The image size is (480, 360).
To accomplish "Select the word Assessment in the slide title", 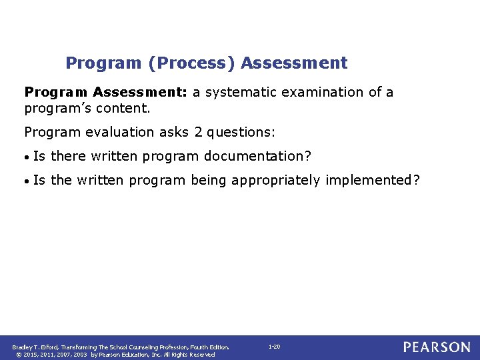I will click(294, 63).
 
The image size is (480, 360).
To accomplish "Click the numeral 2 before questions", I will click(199, 133).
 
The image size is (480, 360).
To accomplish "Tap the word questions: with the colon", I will click(241, 133).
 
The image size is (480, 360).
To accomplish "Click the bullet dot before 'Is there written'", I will click(27, 157).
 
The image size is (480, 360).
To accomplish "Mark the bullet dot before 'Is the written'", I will click(27, 181).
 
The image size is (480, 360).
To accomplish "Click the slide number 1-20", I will click(274, 347).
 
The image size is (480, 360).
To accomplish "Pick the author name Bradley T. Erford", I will click(35, 347).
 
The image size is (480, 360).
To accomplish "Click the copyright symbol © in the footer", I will click(15, 355).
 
